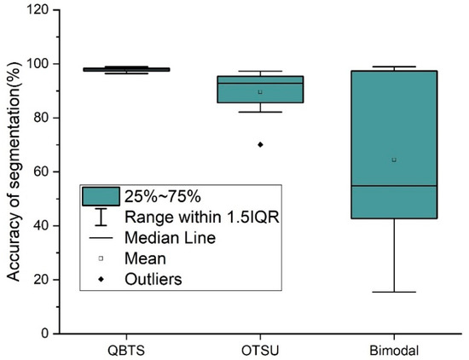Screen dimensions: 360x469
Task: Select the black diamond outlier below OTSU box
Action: (260, 144)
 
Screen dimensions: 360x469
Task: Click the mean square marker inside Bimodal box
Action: (393, 160)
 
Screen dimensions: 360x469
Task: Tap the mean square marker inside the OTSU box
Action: (260, 91)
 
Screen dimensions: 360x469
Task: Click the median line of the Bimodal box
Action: (393, 186)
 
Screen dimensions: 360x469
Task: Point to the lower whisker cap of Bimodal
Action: (393, 292)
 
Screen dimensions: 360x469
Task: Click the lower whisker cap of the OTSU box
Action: (260, 112)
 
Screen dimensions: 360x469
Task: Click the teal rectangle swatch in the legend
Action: (100, 196)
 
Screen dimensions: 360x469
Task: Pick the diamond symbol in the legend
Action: (100, 278)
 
